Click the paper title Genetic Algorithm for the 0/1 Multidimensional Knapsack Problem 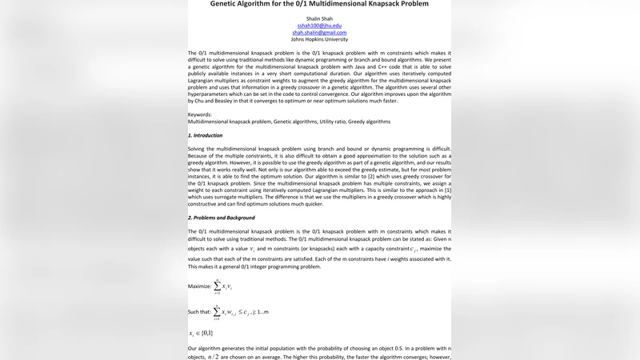319,4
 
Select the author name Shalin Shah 319,18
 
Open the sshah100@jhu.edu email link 319,26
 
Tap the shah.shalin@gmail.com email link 319,33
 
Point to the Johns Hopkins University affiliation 319,39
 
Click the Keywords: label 200,114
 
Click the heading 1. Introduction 205,135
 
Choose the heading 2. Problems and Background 222,218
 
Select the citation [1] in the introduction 448,190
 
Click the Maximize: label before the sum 200,286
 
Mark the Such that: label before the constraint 199,311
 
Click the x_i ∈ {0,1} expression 201,333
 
